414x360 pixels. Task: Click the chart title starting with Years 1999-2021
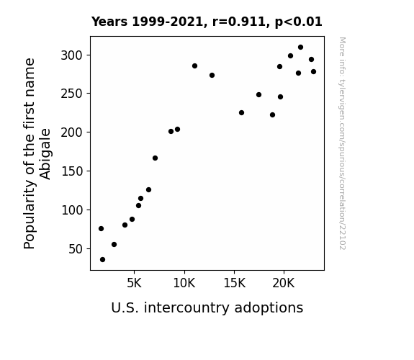pos(207,22)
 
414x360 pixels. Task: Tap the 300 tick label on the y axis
pos(72,55)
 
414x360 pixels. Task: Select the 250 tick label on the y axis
pos(72,94)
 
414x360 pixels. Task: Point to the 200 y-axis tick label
pos(72,132)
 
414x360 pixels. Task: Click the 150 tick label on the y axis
pos(72,171)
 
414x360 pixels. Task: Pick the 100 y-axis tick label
pos(72,210)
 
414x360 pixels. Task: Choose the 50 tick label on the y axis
pos(76,249)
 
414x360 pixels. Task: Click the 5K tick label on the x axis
pos(134,283)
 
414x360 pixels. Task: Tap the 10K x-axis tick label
pos(184,283)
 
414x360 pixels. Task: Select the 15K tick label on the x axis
pos(234,283)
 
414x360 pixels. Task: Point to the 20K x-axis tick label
pos(284,283)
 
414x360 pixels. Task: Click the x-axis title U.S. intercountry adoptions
pos(207,308)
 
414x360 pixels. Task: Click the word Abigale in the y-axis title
pos(45,154)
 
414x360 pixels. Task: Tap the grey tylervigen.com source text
pos(343,143)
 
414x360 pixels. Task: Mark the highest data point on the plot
pos(300,48)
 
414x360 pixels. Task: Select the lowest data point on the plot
pos(102,260)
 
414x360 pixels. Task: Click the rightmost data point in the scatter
pos(313,71)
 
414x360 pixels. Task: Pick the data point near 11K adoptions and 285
pos(194,66)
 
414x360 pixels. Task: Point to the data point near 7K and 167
pos(155,158)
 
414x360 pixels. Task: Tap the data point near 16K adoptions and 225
pos(241,113)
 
